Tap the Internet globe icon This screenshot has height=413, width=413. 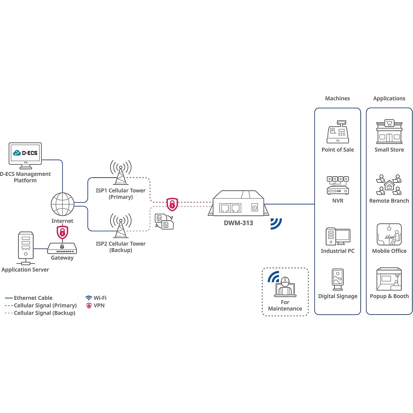[62, 204]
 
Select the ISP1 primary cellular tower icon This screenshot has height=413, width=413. [121, 172]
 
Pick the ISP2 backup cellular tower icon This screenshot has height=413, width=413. [121, 226]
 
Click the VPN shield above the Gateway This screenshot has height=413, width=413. [62, 232]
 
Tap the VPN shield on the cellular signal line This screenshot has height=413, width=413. [172, 204]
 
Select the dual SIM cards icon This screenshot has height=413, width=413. [164, 221]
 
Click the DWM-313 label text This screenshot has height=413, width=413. [239, 223]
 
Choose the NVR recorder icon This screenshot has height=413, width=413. [338, 186]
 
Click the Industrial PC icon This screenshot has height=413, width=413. [338, 236]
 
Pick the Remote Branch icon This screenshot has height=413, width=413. [389, 185]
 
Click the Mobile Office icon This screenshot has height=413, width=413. [389, 234]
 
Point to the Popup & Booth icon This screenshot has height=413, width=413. [389, 279]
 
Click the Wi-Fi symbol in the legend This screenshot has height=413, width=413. [89, 298]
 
